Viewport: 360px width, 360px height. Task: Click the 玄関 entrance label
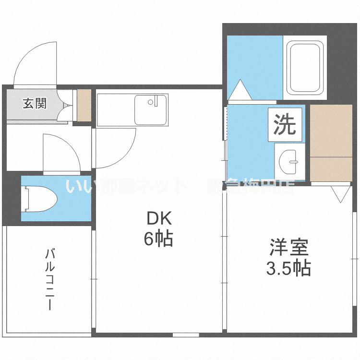[35, 103]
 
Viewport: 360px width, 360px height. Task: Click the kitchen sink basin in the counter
[151, 109]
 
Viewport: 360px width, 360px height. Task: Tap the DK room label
[159, 219]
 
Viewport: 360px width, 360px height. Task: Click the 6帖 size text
[159, 239]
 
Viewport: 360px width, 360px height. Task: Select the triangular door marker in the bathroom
[239, 90]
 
